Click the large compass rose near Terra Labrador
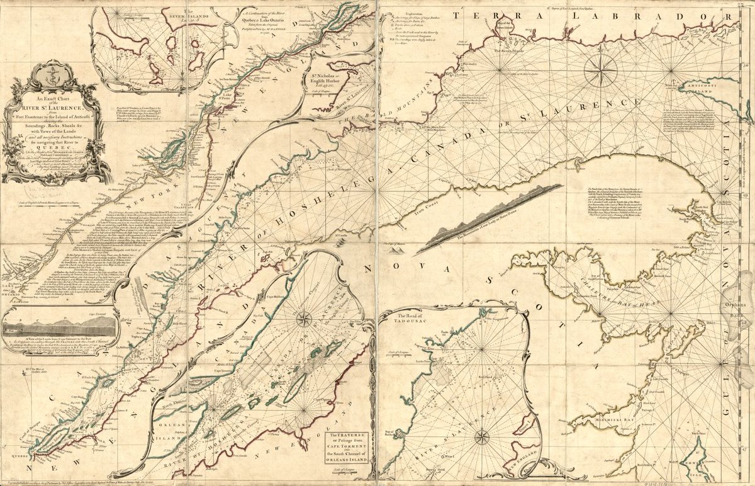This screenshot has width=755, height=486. point(600,70)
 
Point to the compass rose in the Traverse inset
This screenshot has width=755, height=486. point(303,319)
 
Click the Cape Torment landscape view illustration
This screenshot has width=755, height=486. point(60,327)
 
